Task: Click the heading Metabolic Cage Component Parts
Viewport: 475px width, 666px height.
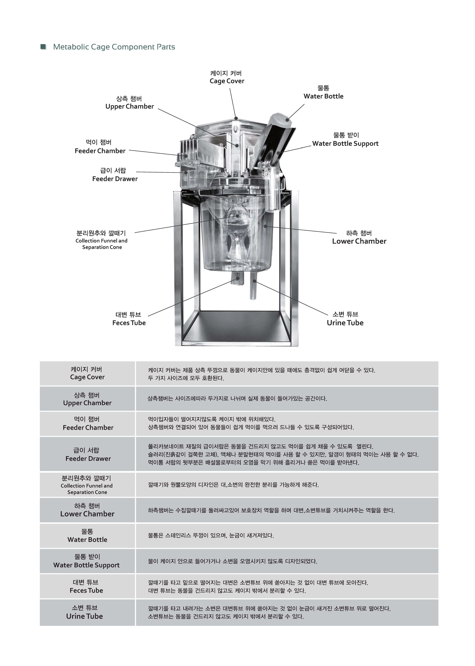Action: pyautogui.click(x=114, y=47)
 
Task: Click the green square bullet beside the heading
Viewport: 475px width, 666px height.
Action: pyautogui.click(x=43, y=47)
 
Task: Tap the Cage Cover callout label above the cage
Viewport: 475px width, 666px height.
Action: pyautogui.click(x=227, y=77)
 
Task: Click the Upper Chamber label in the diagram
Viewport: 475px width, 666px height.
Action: pyautogui.click(x=130, y=103)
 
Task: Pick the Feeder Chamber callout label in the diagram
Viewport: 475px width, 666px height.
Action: pyautogui.click(x=100, y=147)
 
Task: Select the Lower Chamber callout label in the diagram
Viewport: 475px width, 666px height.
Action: pyautogui.click(x=359, y=237)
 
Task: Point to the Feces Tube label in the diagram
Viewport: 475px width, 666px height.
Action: pyautogui.click(x=129, y=319)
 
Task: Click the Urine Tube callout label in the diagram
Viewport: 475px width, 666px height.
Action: pyautogui.click(x=345, y=319)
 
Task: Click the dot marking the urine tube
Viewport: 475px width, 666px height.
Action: pyautogui.click(x=254, y=281)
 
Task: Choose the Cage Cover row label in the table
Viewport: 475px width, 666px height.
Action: pyautogui.click(x=87, y=373)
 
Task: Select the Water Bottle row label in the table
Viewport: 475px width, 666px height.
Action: pyautogui.click(x=87, y=536)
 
